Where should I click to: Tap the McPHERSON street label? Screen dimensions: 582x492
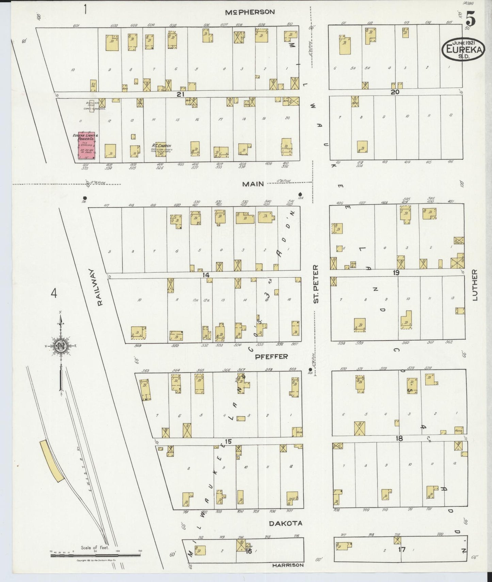[250, 12]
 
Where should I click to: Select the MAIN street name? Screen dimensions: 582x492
[253, 184]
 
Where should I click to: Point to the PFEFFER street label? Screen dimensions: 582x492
[271, 357]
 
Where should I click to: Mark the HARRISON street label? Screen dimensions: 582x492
[288, 565]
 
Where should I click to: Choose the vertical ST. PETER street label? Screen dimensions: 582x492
[316, 284]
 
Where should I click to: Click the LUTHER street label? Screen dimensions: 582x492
[475, 286]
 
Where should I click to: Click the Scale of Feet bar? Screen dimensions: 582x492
[95, 555]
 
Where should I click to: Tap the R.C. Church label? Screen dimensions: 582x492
[161, 146]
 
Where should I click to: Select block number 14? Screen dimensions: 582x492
[205, 275]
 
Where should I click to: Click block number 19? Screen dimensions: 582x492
[396, 273]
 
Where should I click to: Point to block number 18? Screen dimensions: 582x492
[399, 439]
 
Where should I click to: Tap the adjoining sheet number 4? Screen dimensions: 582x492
[54, 293]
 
